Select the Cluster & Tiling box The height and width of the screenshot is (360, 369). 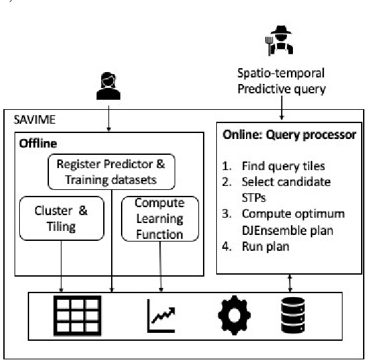tap(61, 217)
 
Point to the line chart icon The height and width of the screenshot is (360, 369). tap(159, 316)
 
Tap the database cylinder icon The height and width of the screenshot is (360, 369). tap(288, 316)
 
